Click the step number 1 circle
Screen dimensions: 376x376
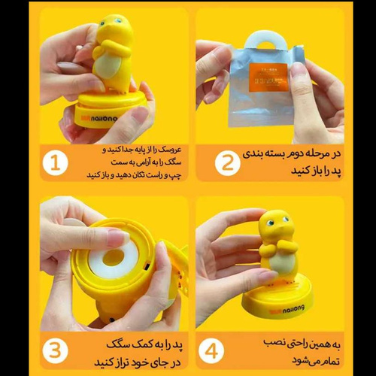pyautogui.click(x=55, y=162)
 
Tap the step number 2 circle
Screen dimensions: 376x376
pyautogui.click(x=227, y=162)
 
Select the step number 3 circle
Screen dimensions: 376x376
pyautogui.click(x=55, y=350)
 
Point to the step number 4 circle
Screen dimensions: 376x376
pyautogui.click(x=211, y=350)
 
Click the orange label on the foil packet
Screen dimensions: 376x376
pyautogui.click(x=268, y=77)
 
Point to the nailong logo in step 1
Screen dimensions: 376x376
pyautogui.click(x=99, y=118)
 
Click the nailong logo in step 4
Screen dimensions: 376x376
pyautogui.click(x=287, y=310)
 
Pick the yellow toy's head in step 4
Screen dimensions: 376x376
pyautogui.click(x=274, y=226)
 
